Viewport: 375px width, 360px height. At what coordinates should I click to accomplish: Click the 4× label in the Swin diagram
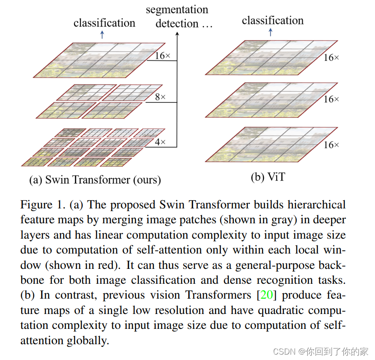click(x=160, y=142)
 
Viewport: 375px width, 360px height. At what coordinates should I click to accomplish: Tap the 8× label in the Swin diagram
click(x=160, y=97)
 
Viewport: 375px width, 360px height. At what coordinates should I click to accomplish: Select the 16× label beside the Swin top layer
click(x=162, y=56)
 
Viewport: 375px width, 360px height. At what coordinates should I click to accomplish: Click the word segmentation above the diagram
click(x=177, y=9)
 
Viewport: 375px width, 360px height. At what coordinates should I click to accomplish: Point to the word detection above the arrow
click(x=177, y=23)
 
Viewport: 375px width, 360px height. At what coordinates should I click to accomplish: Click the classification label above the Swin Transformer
click(x=104, y=23)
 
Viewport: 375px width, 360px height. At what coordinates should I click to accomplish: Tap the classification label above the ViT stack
click(x=273, y=20)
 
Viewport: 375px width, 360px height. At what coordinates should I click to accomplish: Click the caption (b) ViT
click(x=268, y=177)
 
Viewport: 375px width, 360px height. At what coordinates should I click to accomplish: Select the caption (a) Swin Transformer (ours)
click(x=95, y=180)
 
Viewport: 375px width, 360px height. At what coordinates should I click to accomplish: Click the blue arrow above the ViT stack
click(x=271, y=32)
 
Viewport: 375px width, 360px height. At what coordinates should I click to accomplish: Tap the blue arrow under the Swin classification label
click(x=102, y=35)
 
